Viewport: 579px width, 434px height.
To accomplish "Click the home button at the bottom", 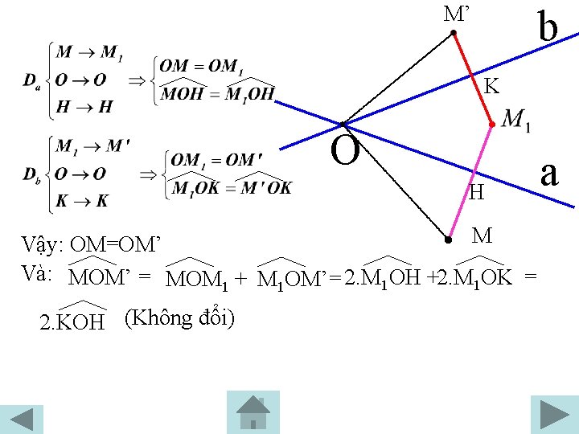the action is [253, 411].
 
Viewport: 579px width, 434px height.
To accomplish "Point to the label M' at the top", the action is [456, 14].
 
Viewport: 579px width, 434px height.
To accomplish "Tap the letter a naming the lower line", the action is [549, 172].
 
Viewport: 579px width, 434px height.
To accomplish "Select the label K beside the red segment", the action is [491, 85].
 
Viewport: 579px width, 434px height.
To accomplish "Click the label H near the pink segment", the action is [477, 193].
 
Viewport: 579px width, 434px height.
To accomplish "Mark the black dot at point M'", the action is [454, 34].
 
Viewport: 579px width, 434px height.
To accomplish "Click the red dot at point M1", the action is [491, 125].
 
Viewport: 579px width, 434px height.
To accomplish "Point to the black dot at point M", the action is [448, 239].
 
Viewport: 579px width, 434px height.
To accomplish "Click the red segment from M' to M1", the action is [472, 79].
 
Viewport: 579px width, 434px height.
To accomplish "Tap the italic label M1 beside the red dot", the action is [515, 121].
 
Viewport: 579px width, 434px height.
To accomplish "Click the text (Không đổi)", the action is [180, 317].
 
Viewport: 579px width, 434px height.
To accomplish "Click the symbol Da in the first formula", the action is [31, 80].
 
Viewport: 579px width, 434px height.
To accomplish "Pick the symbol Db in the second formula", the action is [31, 174].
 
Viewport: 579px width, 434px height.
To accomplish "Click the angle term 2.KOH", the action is [72, 321].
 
